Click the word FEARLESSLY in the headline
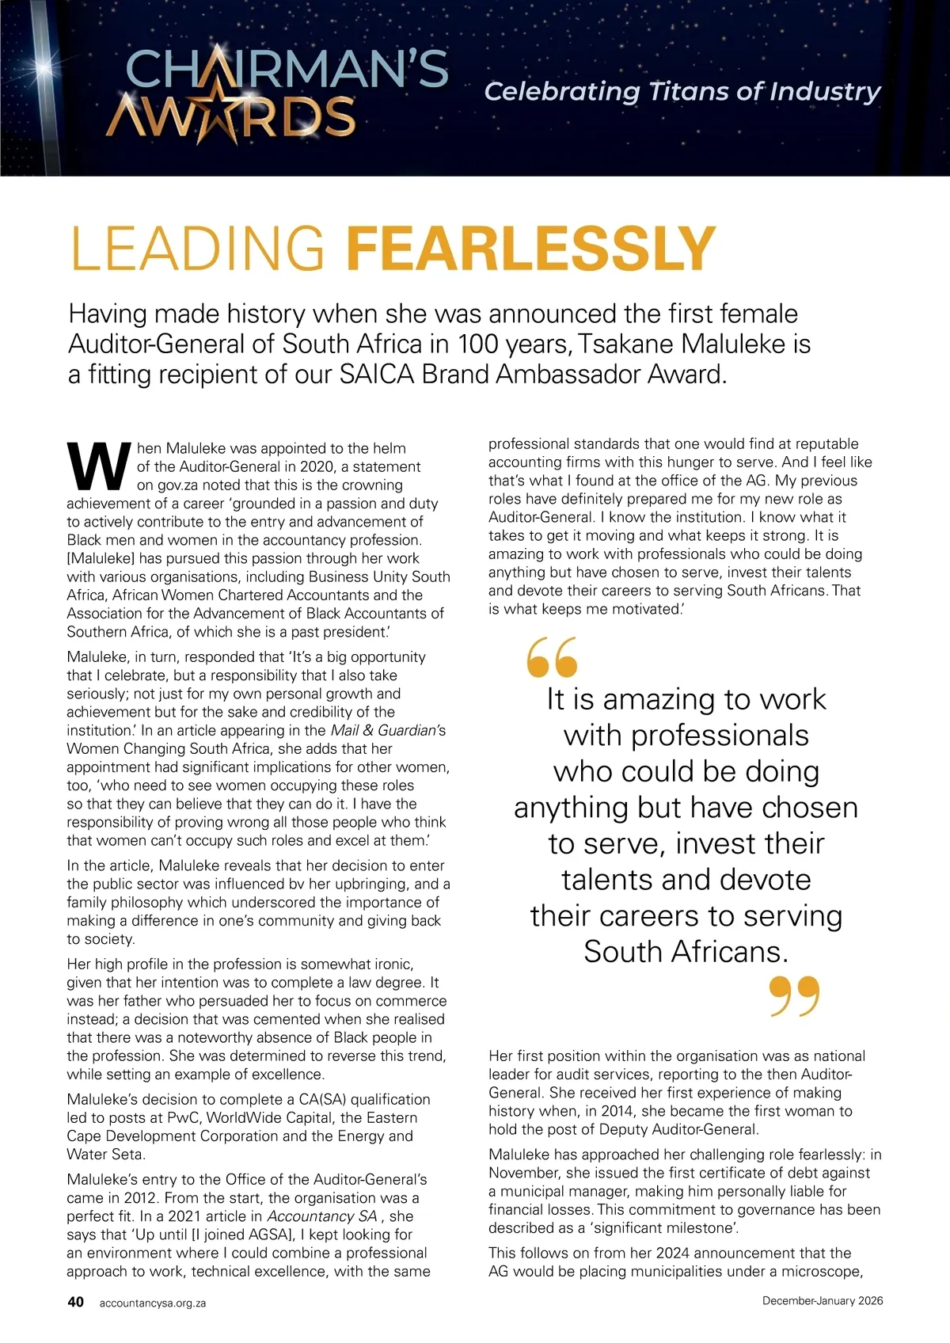pos(530,249)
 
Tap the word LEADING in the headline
pos(198,249)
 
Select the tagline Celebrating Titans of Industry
pos(682,92)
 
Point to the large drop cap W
pos(98,467)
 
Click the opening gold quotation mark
pos(552,657)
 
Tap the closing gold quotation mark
pos(794,996)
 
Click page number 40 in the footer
pos(76,1302)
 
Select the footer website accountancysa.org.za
pos(153,1303)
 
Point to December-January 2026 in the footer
pos(823,1301)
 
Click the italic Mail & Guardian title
pos(382,730)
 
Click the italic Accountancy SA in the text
pos(322,1216)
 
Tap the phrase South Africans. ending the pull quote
pos(686,951)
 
